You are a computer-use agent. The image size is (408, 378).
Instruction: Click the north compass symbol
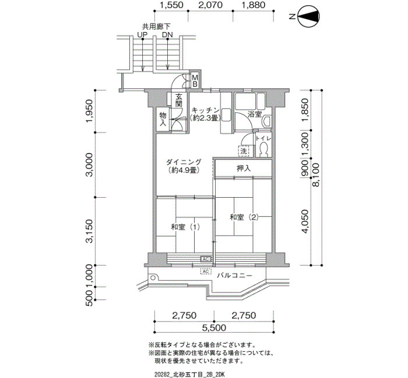(x=308, y=17)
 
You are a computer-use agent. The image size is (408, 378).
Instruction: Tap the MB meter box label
(x=195, y=81)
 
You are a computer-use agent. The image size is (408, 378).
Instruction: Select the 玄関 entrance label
(x=178, y=100)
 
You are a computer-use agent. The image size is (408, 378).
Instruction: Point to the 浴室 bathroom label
(x=254, y=114)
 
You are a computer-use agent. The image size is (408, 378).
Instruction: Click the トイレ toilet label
(x=263, y=138)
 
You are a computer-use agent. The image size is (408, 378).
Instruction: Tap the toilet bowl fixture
(x=263, y=149)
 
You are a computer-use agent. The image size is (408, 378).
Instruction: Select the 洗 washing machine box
(x=243, y=151)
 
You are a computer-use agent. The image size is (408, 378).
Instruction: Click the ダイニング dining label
(x=184, y=162)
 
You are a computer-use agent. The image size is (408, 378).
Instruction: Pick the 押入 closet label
(x=244, y=169)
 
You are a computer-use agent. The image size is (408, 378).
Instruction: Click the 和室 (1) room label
(x=185, y=227)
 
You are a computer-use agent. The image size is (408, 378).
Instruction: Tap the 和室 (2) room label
(x=244, y=217)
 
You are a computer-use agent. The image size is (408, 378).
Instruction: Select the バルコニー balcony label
(x=235, y=275)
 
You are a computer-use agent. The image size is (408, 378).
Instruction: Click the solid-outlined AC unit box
(x=206, y=259)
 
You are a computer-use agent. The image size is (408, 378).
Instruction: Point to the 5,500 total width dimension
(x=214, y=327)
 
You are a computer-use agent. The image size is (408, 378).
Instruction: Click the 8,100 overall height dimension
(x=316, y=174)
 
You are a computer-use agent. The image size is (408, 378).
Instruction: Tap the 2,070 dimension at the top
(x=210, y=5)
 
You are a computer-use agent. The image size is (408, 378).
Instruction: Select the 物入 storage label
(x=163, y=119)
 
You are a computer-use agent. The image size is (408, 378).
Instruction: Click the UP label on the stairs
(x=142, y=34)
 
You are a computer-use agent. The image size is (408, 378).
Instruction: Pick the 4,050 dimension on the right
(x=305, y=222)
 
